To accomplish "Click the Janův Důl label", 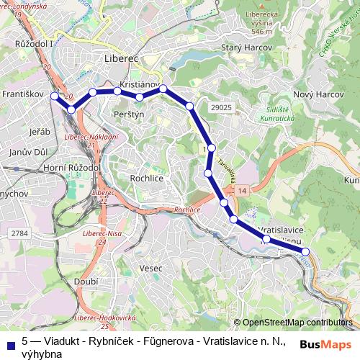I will tap(27, 152).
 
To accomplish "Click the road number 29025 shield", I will tap(222, 107).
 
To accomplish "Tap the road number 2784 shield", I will tap(19, 233).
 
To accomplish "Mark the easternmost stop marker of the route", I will tap(305, 251).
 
